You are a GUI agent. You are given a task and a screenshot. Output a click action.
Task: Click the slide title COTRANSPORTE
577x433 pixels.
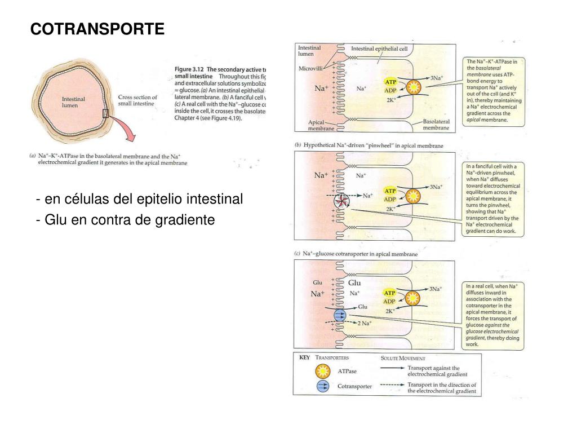coord(97,29)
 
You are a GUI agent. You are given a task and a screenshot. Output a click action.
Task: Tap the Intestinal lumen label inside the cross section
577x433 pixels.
coord(73,102)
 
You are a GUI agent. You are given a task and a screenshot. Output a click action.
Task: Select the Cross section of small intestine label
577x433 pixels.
coord(137,100)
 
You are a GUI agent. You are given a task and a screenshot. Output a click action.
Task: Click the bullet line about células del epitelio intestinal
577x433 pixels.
coord(139,199)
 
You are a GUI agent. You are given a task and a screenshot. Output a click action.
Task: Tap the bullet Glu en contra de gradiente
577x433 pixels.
coord(125,219)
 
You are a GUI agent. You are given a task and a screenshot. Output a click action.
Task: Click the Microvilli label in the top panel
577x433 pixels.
coord(310,69)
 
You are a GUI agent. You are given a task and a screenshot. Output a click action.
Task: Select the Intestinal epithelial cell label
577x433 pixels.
coord(379,49)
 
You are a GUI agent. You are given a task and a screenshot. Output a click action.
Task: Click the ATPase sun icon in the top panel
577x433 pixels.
coord(414,87)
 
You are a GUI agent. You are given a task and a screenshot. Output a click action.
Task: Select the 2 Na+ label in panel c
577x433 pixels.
coord(365,323)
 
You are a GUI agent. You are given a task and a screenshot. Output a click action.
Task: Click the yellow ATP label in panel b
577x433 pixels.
coord(390,191)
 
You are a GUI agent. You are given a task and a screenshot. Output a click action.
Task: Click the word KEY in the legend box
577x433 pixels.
coord(304,357)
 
